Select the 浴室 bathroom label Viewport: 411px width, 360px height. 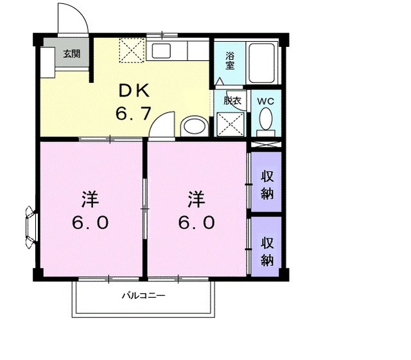pyautogui.click(x=229, y=60)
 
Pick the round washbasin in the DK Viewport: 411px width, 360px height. pyautogui.click(x=193, y=125)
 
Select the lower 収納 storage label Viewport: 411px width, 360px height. pyautogui.click(x=267, y=251)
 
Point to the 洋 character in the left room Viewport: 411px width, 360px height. pyautogui.click(x=89, y=198)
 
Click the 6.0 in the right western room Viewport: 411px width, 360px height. pyautogui.click(x=197, y=222)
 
